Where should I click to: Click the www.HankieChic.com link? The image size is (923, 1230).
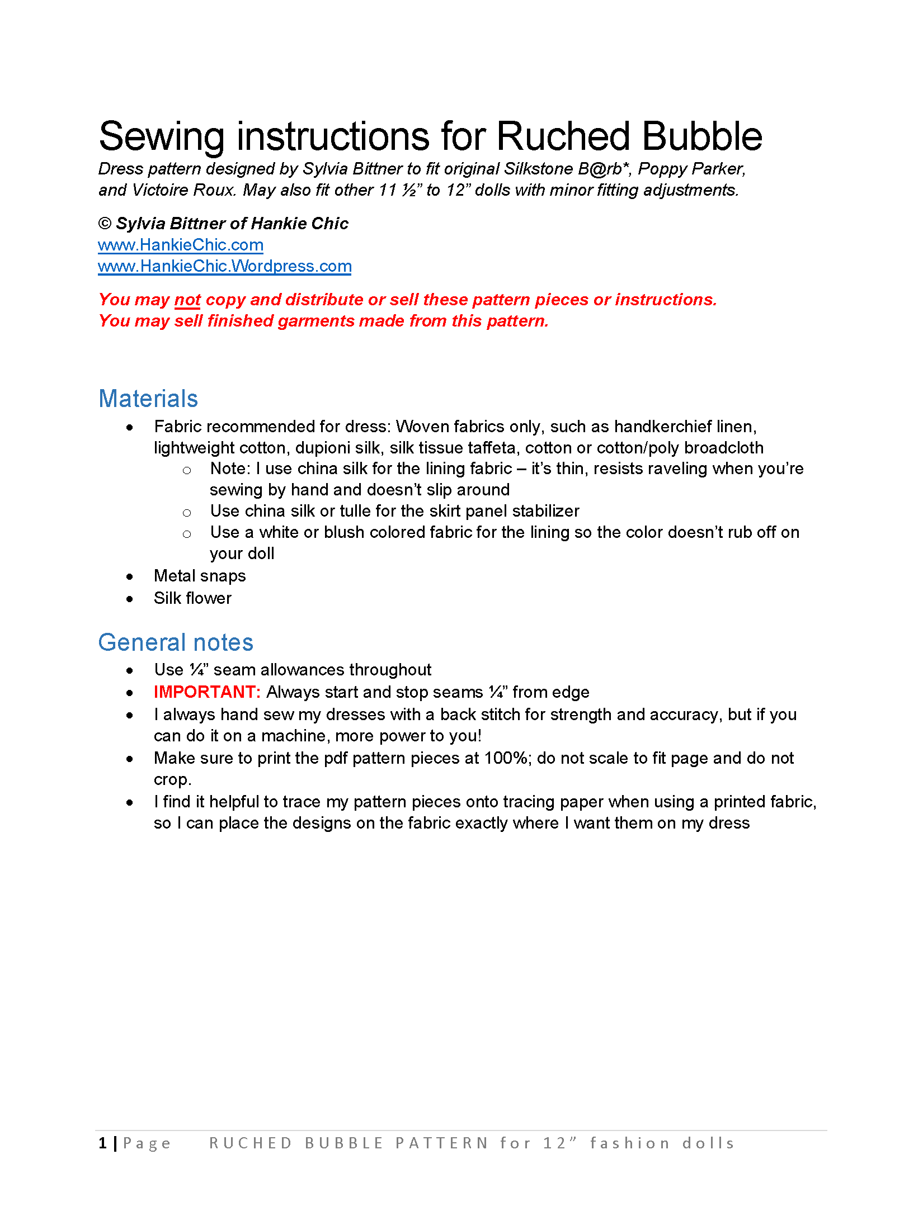pyautogui.click(x=180, y=245)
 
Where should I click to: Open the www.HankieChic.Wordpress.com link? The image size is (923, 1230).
pyautogui.click(x=224, y=266)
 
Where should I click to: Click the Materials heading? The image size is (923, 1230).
pyautogui.click(x=148, y=399)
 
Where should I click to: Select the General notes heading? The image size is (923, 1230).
pyautogui.click(x=176, y=642)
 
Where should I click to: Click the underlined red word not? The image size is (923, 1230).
pyautogui.click(x=187, y=300)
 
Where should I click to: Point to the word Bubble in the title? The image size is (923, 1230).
pyautogui.click(x=702, y=136)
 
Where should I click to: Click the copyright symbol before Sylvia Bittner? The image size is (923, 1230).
pyautogui.click(x=105, y=224)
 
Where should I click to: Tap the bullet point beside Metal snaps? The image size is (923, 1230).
pyautogui.click(x=130, y=576)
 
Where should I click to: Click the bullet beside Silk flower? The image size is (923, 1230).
pyautogui.click(x=130, y=599)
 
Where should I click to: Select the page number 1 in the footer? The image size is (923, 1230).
pyautogui.click(x=103, y=1143)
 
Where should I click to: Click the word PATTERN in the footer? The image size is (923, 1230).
pyautogui.click(x=442, y=1143)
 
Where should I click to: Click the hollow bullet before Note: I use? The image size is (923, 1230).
pyautogui.click(x=187, y=471)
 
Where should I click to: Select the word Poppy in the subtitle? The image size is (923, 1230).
pyautogui.click(x=662, y=169)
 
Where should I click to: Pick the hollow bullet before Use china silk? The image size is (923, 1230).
pyautogui.click(x=187, y=513)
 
